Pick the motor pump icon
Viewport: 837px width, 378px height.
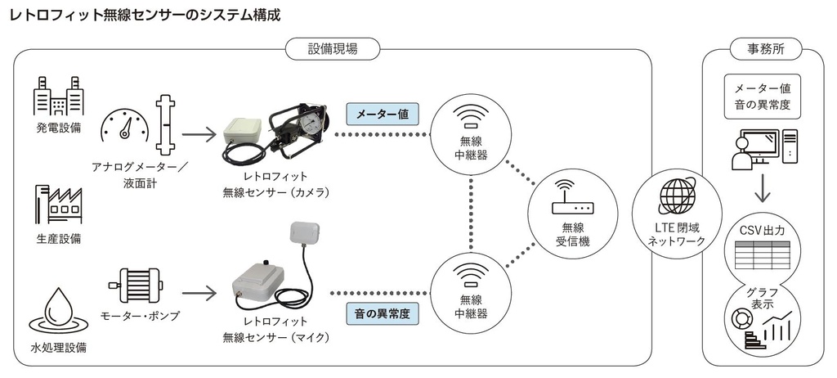click(x=135, y=284)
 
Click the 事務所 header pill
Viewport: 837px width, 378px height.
click(x=765, y=49)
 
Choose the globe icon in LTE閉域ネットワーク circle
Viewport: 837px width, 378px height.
click(x=678, y=195)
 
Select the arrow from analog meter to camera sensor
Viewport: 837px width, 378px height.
click(x=199, y=132)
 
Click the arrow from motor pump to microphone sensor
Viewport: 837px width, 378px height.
click(x=199, y=290)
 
